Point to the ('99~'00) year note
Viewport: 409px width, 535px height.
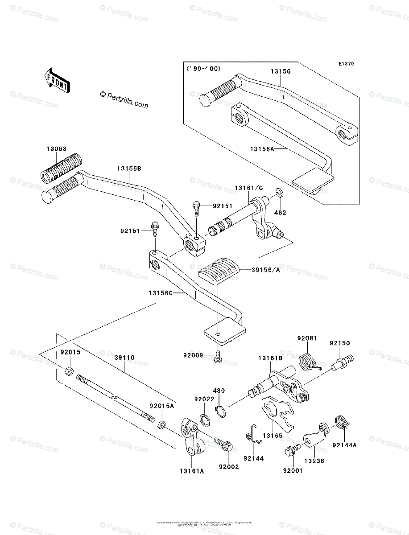coord(203,69)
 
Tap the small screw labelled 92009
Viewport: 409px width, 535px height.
coord(218,357)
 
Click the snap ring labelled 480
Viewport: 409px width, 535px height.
coord(221,411)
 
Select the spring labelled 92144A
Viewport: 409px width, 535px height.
coord(342,421)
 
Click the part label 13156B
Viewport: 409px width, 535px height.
coord(129,169)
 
